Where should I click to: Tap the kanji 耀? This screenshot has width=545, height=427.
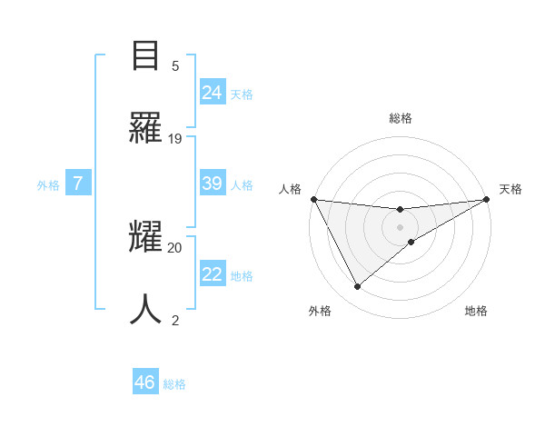click(146, 238)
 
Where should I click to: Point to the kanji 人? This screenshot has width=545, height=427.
click(146, 309)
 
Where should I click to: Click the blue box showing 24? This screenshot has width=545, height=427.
click(213, 92)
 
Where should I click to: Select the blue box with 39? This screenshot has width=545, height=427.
click(213, 184)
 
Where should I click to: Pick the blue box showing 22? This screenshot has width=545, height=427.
click(213, 274)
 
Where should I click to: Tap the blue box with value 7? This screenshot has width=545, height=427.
click(78, 184)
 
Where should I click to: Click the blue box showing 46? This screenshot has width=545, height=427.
click(145, 382)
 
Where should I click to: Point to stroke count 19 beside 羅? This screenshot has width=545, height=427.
click(175, 139)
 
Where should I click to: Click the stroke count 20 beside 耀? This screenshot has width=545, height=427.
click(175, 247)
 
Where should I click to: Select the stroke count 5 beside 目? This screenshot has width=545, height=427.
click(175, 65)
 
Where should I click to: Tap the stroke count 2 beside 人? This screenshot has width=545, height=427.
click(175, 320)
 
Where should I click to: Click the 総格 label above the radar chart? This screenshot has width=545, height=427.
click(401, 119)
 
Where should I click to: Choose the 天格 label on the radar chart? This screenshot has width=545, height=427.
click(510, 189)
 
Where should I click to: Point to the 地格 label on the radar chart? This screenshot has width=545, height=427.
click(476, 311)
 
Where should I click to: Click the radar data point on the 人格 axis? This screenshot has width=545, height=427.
click(313, 199)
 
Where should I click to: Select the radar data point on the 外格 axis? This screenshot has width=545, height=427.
click(357, 287)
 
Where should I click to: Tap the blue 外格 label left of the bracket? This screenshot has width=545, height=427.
click(48, 185)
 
